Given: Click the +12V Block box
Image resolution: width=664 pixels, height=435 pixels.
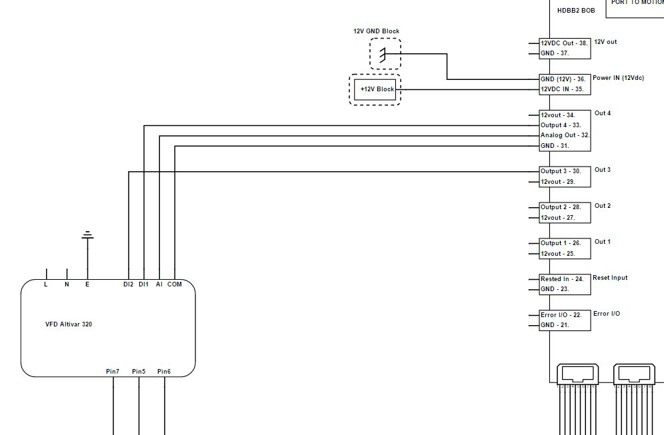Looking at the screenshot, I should coord(377,89).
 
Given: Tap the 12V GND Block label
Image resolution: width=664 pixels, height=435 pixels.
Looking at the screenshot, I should coord(376,31).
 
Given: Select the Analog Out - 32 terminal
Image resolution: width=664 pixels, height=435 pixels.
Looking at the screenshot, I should coord(564,135).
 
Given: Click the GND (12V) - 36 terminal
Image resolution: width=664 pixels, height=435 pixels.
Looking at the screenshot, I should coord(563,79).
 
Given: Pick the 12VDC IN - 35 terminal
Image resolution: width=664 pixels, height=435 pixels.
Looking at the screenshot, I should coord(561,89).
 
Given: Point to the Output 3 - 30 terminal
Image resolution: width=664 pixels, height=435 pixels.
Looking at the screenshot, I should coord(560,171).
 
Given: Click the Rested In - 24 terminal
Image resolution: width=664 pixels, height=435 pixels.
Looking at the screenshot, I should coord(561,279).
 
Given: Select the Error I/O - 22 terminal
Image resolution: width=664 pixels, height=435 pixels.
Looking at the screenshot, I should coord(560,315).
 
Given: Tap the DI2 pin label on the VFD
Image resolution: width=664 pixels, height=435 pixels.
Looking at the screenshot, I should coord(128,284).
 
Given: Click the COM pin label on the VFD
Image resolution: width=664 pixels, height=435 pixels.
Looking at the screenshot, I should coord(175,284).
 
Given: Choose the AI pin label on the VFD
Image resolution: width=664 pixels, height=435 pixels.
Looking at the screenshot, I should coord(159,284).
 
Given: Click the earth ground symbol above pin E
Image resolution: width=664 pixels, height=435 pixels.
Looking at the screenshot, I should coord(87,235).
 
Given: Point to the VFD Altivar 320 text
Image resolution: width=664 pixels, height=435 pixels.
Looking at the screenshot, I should coord(68,324).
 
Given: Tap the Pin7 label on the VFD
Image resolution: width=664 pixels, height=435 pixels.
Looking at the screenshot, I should coord(113,371).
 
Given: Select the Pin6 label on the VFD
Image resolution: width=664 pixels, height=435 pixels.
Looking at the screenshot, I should coord(164,371).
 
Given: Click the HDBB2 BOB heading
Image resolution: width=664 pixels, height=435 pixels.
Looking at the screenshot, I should coord(575,11).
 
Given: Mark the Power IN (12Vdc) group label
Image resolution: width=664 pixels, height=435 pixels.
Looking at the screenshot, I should coord(618,78).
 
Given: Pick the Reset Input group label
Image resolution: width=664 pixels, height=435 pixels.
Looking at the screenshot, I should coord(610,278).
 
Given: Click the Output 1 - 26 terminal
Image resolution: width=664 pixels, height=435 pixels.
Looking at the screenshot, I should coord(560,243).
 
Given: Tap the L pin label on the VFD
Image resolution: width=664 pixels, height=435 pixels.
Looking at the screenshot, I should coord(46,284).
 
